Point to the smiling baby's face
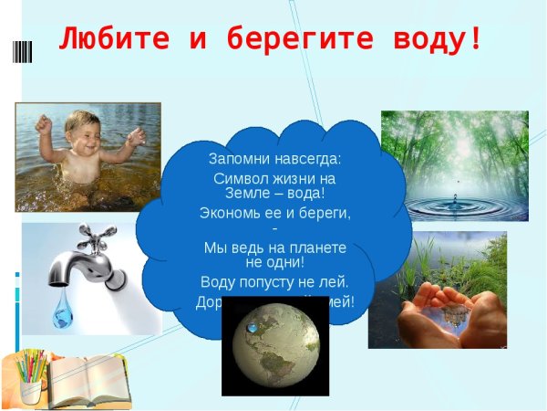coord(83,137)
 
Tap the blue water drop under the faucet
coord(62,314)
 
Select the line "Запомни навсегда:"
coord(274,158)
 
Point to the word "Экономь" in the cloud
coord(231,213)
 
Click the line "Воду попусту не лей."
coord(274,281)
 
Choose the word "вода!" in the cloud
coord(304,193)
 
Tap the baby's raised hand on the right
coord(135,138)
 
